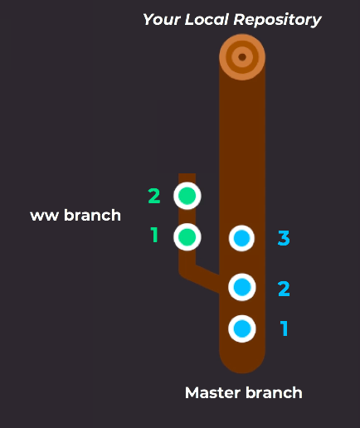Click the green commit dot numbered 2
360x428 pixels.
point(187,196)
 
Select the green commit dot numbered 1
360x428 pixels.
point(187,237)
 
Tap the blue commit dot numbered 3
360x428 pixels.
point(242,238)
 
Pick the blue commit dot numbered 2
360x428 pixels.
point(242,287)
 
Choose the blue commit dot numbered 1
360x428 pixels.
point(242,328)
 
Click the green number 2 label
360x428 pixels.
point(154,196)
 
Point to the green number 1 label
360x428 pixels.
point(154,235)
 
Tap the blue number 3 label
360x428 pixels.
point(284,238)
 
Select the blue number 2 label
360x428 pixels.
point(284,289)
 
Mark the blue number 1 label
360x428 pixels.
point(284,328)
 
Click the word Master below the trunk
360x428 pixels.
point(213,393)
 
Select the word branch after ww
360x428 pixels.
point(92,215)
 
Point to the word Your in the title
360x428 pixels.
point(162,20)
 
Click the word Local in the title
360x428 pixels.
point(207,19)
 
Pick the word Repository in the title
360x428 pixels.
point(277,20)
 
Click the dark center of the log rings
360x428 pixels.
point(242,57)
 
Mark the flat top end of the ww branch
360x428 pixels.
point(187,174)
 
